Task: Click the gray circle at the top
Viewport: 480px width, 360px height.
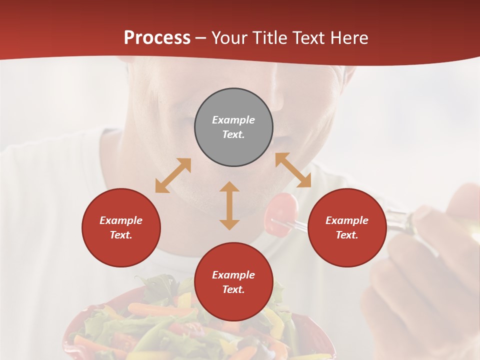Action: (233, 127)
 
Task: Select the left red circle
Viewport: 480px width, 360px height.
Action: (121, 227)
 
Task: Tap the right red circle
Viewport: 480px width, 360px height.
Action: (347, 227)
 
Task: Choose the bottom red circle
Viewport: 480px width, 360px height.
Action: (233, 282)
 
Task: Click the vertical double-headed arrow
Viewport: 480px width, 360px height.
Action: (229, 205)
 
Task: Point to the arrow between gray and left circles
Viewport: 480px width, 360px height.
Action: (173, 175)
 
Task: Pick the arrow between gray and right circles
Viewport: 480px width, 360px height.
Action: (293, 170)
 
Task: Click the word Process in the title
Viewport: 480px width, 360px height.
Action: (157, 37)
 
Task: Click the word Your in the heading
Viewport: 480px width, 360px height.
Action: (229, 37)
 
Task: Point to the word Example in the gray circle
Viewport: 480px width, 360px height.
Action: (233, 120)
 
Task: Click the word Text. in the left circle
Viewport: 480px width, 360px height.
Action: (121, 235)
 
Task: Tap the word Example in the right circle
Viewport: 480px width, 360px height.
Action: (347, 220)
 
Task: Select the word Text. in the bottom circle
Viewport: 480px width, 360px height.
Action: (233, 289)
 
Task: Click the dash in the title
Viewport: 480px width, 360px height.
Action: (201, 38)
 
